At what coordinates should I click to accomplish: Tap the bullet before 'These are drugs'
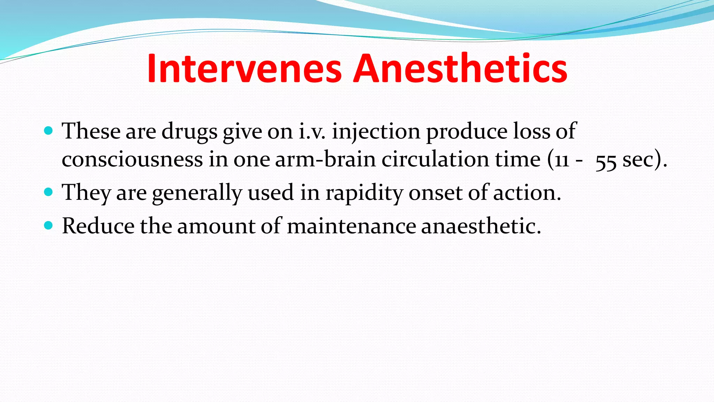coord(49,131)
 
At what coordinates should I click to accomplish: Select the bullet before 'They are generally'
coord(49,192)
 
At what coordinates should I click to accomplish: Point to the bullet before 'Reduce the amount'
coord(49,226)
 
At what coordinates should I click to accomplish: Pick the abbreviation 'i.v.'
coord(312,131)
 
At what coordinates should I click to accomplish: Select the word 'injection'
coord(376,131)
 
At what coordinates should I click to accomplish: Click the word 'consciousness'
coord(132,160)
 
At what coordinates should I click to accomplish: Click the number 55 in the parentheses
coord(606,161)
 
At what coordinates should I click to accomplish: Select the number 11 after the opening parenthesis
coord(562,161)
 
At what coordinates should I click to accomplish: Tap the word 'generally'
coord(197,193)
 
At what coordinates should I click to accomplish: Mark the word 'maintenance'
coord(351,226)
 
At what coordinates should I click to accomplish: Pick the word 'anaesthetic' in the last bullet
coord(481,226)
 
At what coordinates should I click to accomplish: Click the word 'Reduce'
coord(98,226)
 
